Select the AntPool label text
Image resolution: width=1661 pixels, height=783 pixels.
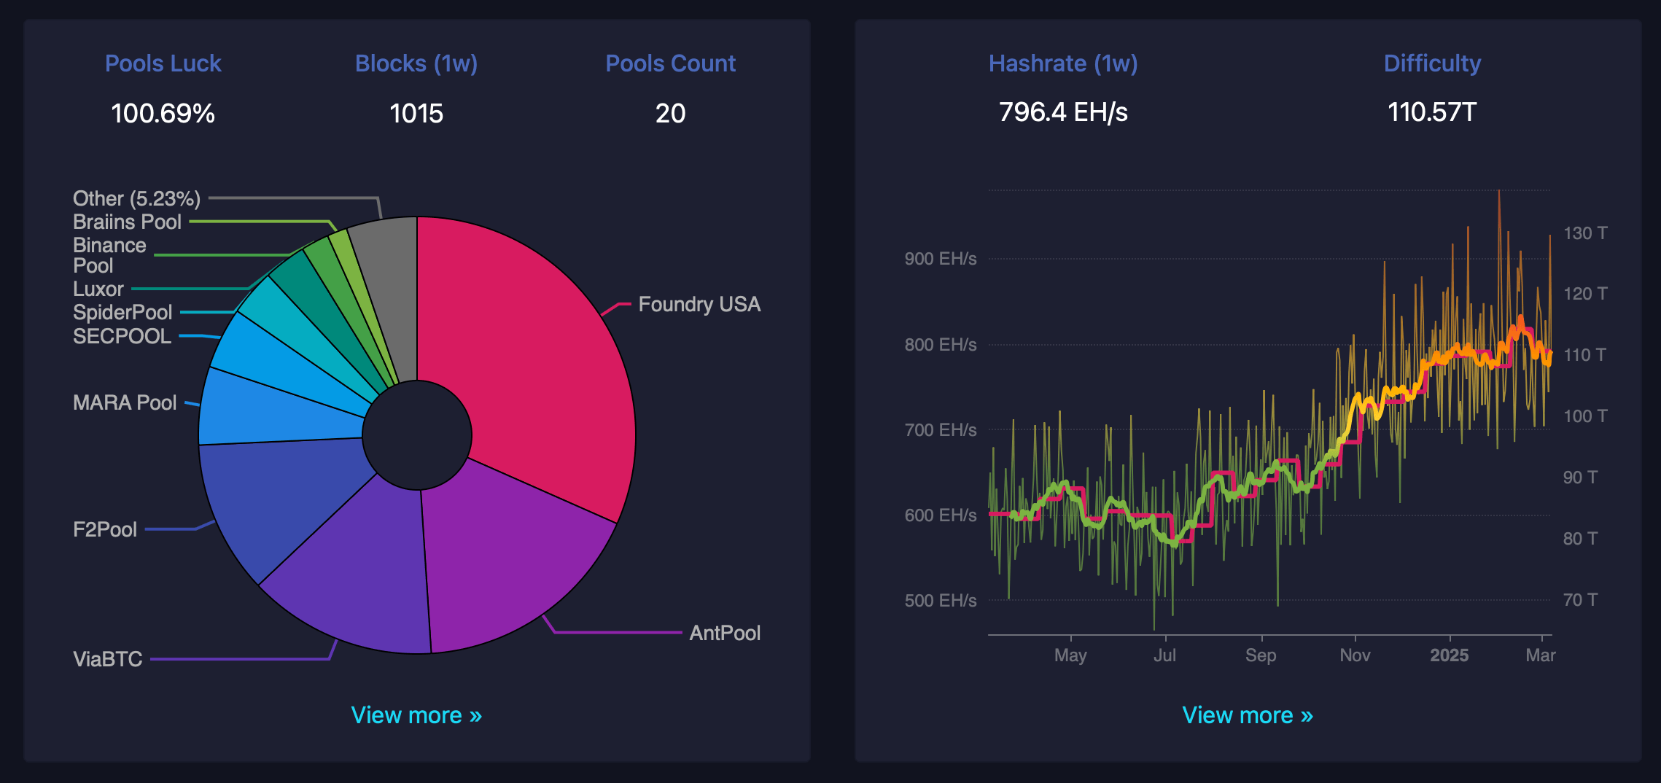point(724,633)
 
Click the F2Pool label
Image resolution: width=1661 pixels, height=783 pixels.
point(105,529)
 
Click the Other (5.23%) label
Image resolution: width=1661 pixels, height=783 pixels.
point(136,198)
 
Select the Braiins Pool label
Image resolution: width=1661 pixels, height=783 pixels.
point(127,222)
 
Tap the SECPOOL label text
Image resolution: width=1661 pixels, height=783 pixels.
point(122,336)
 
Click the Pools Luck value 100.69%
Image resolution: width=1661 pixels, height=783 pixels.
point(163,113)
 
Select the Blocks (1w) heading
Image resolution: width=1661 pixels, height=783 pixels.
point(416,63)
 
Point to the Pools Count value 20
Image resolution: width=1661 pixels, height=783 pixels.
point(670,113)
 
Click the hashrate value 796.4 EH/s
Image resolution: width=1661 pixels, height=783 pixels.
point(1062,112)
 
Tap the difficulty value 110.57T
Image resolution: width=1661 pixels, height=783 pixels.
point(1431,112)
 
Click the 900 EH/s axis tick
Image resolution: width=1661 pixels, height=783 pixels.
point(940,259)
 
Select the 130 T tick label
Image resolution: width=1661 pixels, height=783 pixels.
point(1584,233)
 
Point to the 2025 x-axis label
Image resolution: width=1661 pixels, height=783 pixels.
point(1449,655)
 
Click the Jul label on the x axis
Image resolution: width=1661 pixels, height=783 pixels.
point(1164,655)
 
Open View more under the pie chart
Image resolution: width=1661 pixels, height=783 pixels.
point(416,715)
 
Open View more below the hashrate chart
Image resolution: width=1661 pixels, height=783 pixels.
point(1247,715)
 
